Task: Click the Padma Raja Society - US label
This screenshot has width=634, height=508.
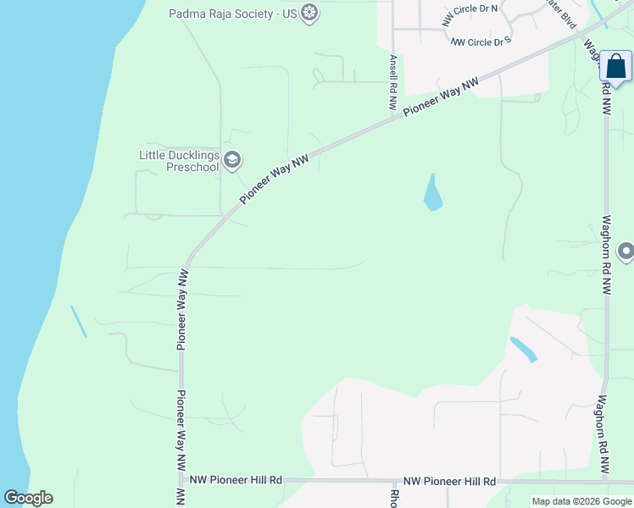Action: coord(234,14)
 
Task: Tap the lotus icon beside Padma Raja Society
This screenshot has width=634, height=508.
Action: coord(310,14)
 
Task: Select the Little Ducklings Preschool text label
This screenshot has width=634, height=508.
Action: coord(179,161)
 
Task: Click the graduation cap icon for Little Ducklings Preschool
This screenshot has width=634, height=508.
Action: coord(233,160)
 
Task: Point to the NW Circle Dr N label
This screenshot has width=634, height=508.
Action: coord(471,15)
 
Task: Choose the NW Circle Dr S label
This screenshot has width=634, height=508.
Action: coord(481,41)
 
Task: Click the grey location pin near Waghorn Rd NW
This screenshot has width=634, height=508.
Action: coord(626,251)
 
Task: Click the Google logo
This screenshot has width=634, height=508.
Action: coord(28,498)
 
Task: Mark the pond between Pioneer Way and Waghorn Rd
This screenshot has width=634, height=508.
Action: coord(432,194)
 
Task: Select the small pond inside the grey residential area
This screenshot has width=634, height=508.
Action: coord(523,349)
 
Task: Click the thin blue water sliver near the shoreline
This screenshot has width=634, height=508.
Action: coord(78,322)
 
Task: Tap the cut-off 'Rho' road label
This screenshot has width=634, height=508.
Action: coord(394,498)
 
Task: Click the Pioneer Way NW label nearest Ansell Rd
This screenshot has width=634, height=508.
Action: coord(441,96)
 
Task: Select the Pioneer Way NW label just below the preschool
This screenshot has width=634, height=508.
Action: coord(273,179)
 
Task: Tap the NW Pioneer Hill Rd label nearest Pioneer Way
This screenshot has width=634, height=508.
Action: coord(236,480)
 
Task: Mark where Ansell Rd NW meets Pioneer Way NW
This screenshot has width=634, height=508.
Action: coord(393,119)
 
